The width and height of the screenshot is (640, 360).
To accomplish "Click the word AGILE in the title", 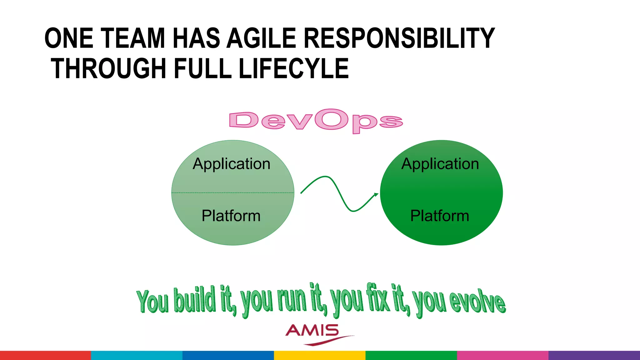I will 261,38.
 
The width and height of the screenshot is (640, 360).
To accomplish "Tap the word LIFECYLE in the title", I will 293,69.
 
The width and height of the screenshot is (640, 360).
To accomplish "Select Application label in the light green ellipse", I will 231,164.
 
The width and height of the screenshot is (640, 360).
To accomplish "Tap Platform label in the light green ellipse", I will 231,216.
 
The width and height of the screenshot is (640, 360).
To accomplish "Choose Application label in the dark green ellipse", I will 440,164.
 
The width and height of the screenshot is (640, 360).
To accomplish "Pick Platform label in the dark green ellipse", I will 440,216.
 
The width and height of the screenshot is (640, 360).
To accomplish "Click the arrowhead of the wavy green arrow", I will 376,195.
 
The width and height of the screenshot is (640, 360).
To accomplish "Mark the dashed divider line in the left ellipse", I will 232,193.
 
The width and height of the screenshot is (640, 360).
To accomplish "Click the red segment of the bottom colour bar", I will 45,355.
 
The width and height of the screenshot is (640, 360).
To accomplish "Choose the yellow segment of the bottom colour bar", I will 319,355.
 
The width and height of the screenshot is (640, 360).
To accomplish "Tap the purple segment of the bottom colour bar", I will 594,355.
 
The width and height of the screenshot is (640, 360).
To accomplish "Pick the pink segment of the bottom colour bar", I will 502,355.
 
